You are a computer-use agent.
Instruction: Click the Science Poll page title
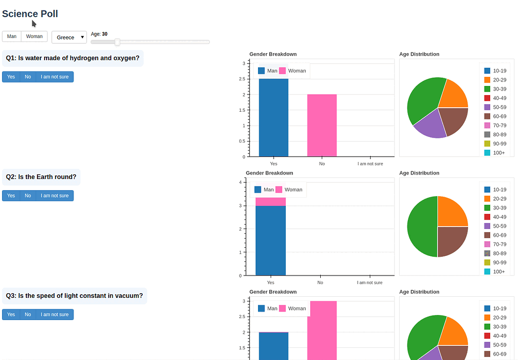point(30,14)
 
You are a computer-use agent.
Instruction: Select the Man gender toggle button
point(12,36)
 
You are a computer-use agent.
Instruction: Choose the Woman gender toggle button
point(34,36)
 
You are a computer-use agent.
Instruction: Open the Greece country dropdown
point(69,37)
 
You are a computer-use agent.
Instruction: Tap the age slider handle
point(117,42)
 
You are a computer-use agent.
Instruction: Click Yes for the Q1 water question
point(11,77)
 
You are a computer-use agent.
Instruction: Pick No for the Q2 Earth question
point(28,196)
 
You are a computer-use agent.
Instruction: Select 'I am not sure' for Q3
point(55,314)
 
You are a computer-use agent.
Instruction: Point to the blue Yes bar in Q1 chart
point(274,119)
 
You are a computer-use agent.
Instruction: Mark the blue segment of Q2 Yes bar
point(271,240)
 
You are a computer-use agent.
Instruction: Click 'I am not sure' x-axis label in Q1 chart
point(370,164)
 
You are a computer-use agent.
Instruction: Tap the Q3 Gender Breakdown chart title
point(273,292)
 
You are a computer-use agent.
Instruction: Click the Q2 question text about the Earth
point(41,177)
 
